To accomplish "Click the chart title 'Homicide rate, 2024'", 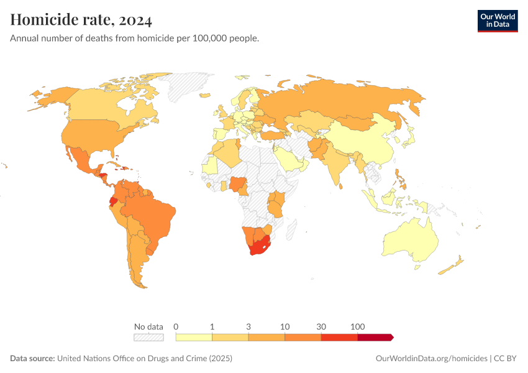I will [x=81, y=21].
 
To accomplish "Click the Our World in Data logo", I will [x=497, y=21].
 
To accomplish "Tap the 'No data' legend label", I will [x=148, y=326].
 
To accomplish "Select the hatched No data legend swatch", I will [x=148, y=337].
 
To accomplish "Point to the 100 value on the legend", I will [x=358, y=326].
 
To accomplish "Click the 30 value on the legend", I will [x=321, y=326].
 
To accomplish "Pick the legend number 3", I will [x=248, y=326].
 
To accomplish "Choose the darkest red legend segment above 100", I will [x=375, y=337].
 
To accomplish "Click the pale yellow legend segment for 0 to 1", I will [x=194, y=337].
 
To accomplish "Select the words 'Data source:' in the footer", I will [x=32, y=359].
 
